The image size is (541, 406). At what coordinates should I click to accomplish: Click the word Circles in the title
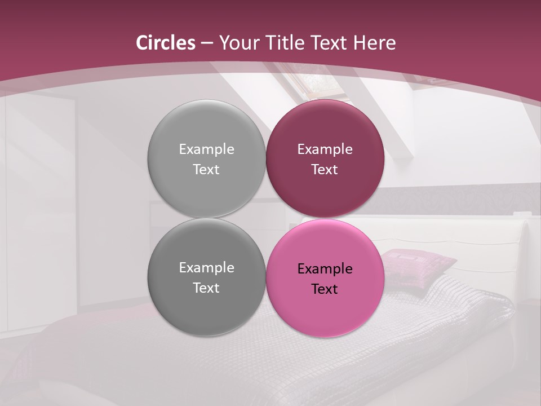[166, 43]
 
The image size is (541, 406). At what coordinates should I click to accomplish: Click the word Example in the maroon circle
[325, 149]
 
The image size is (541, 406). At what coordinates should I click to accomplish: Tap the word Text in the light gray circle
[206, 170]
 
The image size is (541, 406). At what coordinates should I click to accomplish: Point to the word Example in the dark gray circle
[206, 268]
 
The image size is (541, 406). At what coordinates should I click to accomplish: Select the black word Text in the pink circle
[325, 289]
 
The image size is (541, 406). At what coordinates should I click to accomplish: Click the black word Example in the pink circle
[325, 269]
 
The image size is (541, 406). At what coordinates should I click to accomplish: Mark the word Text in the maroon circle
[325, 170]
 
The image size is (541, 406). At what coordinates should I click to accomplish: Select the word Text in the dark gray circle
[206, 288]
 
